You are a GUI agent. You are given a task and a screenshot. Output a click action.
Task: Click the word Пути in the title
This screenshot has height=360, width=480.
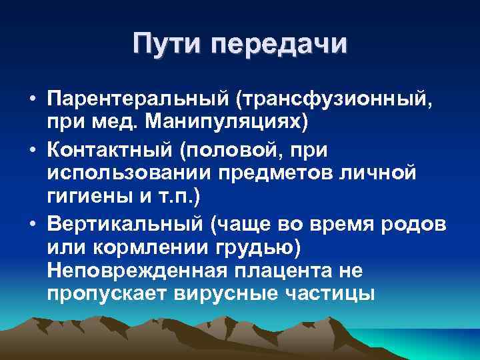click(x=168, y=45)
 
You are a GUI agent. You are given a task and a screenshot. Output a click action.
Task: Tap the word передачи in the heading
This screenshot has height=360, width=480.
click(x=279, y=45)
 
